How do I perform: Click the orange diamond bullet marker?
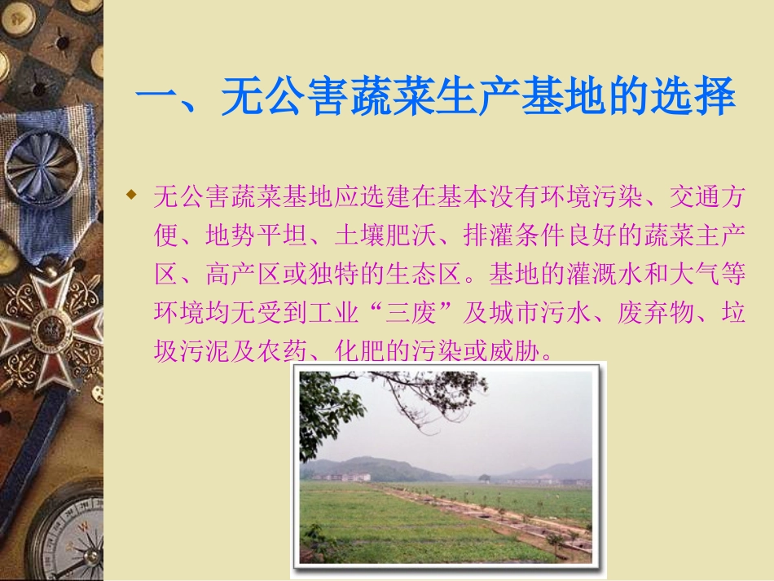[x=130, y=196]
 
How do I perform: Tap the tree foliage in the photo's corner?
[x=326, y=407]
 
